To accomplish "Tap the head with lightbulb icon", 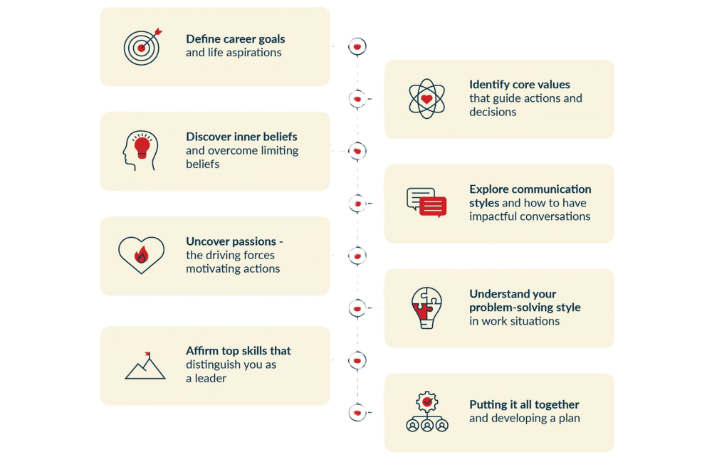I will coord(140,150).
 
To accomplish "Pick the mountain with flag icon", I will coord(145,365).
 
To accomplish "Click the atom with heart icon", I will coord(426,98).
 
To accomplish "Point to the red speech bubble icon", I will coord(432,206).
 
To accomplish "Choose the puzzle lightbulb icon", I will coord(426,308).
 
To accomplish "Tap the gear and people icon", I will coord(426,411).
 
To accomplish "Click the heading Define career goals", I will coord(235,38).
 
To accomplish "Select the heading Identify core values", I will coord(519,85).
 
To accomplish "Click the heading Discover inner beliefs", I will coord(241,136).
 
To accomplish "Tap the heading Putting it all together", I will coord(524,404).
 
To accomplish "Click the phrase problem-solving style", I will coord(525,308).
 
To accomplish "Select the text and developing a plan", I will coord(524,418).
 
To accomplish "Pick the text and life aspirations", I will coord(233,53).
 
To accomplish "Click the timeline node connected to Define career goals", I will coord(357,46).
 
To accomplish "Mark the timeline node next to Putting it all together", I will coord(357,411).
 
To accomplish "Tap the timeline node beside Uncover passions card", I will coord(357,254).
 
